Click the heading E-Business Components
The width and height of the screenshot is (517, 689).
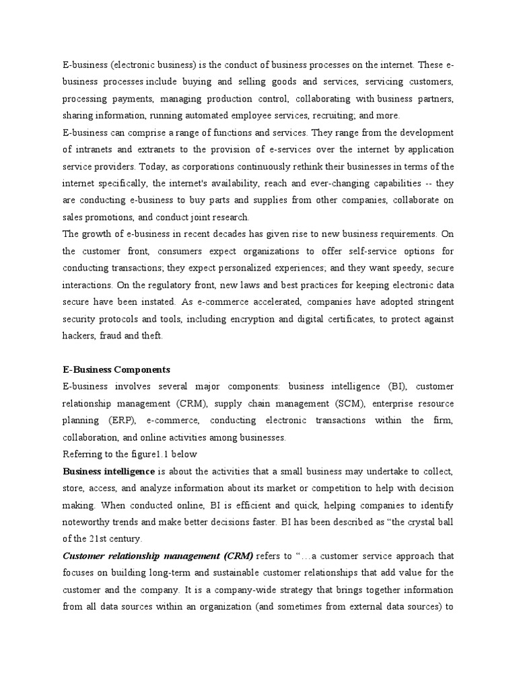click(x=116, y=369)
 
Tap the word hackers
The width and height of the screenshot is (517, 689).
click(x=79, y=336)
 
